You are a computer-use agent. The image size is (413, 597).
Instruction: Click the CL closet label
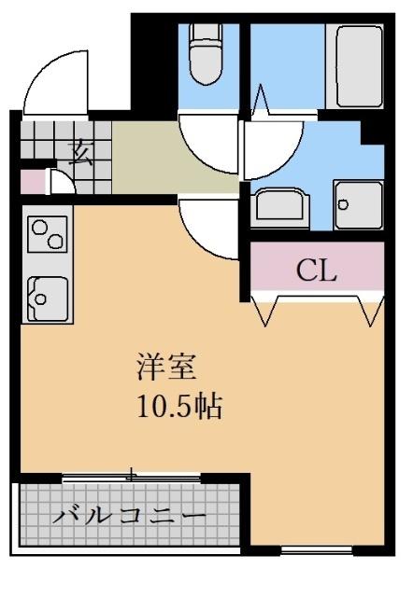(316, 271)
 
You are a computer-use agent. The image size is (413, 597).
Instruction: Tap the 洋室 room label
(166, 368)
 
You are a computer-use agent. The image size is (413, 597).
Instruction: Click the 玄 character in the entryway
(81, 153)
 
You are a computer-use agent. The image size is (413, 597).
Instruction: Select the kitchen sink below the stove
(48, 299)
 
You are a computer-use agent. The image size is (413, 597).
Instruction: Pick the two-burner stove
(48, 234)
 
